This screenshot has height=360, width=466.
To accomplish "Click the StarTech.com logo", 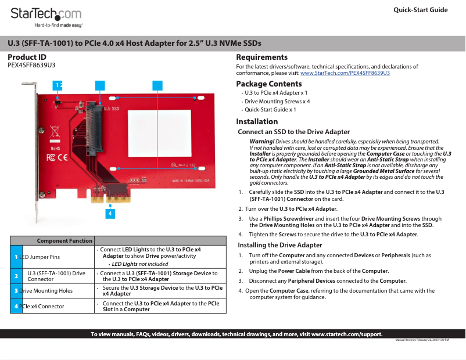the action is click(46, 14).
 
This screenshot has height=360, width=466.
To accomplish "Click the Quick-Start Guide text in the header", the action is click(420, 10).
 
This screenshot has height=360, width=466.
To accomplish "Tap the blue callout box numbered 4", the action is click(110, 213).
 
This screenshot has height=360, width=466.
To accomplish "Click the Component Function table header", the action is click(64, 240).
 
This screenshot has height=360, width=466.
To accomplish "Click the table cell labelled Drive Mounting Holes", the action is click(46, 290).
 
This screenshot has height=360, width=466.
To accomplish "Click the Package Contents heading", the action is click(268, 84).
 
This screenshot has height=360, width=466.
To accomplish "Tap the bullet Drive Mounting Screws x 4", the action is click(277, 101).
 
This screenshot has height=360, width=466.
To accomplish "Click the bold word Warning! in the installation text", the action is click(261, 142).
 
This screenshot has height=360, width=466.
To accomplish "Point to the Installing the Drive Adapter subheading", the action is click(280, 245).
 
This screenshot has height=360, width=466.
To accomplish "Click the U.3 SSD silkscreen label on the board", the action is click(111, 109).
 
